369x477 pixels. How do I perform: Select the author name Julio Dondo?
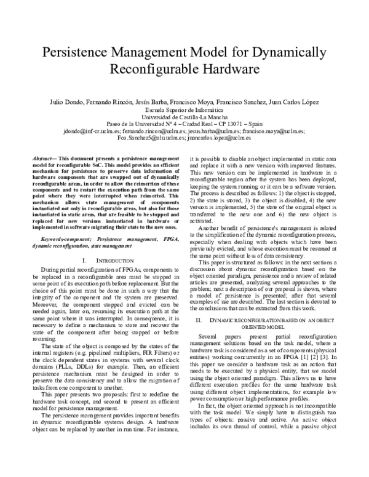pyautogui.click(x=65, y=101)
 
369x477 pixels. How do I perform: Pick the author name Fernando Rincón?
pyautogui.click(x=108, y=101)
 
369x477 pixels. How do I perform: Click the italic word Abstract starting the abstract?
pyautogui.click(x=44, y=159)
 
